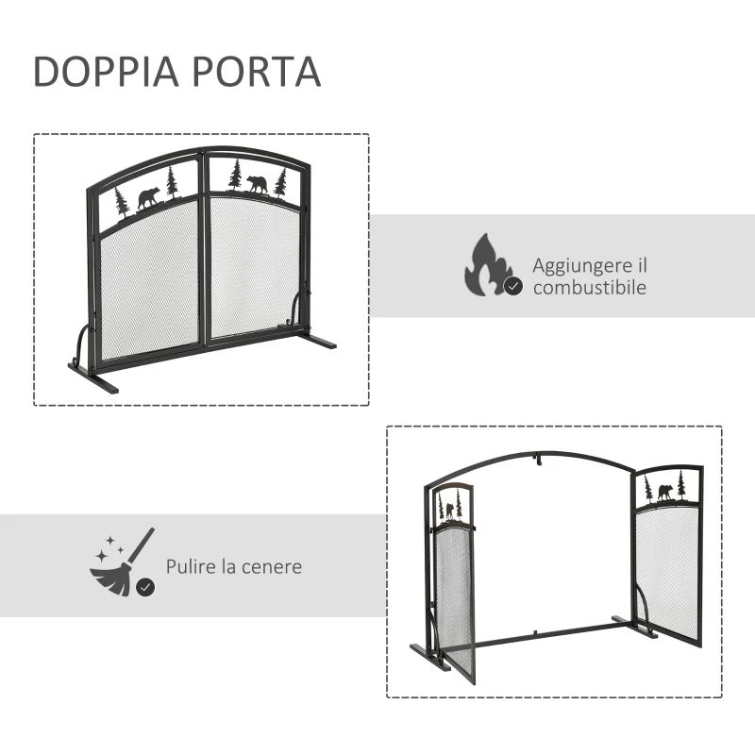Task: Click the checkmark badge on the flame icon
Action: point(513,286)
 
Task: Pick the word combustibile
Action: point(590,288)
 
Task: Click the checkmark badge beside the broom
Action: point(145,587)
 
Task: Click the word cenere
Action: point(271,566)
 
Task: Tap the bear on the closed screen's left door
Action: point(147,198)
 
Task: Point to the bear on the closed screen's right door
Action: point(258,183)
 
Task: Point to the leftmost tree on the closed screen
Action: point(120,200)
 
